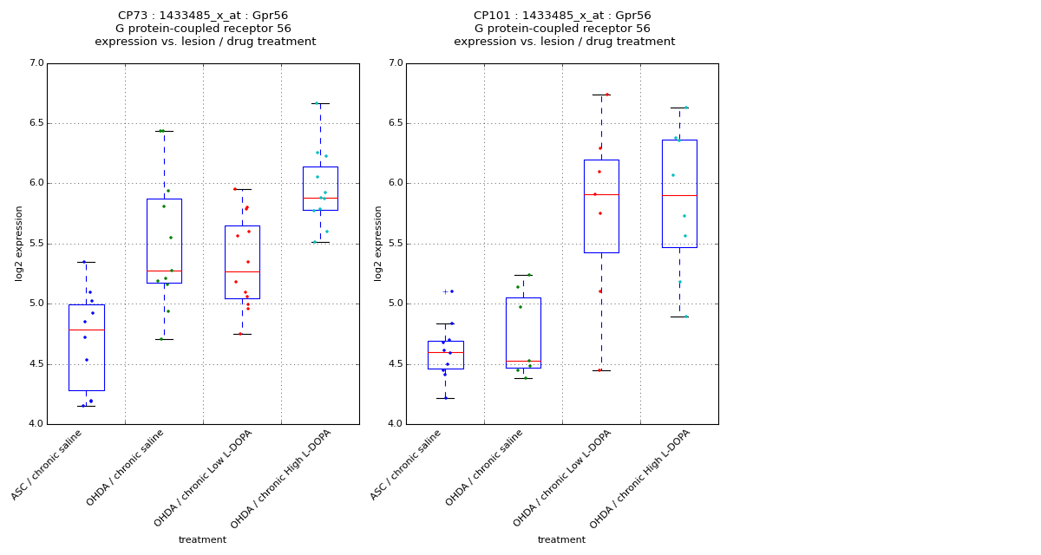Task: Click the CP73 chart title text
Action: [x=205, y=29]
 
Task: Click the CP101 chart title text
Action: [x=563, y=29]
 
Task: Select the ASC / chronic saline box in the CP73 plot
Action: [x=86, y=347]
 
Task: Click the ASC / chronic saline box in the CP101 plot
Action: [x=445, y=355]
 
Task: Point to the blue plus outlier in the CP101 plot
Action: [x=445, y=291]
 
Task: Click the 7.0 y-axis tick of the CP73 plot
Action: [x=36, y=63]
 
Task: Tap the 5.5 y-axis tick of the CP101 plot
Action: [x=395, y=244]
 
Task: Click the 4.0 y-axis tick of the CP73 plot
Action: [x=36, y=424]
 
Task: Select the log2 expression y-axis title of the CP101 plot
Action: [x=378, y=244]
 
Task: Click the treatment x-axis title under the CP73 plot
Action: [x=202, y=540]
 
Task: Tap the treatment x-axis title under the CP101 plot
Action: [x=561, y=540]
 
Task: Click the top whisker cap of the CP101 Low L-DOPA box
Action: [x=601, y=95]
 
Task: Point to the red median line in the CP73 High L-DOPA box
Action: [x=320, y=198]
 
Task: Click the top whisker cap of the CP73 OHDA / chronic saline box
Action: [x=164, y=131]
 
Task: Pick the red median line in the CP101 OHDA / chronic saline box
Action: [x=523, y=361]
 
